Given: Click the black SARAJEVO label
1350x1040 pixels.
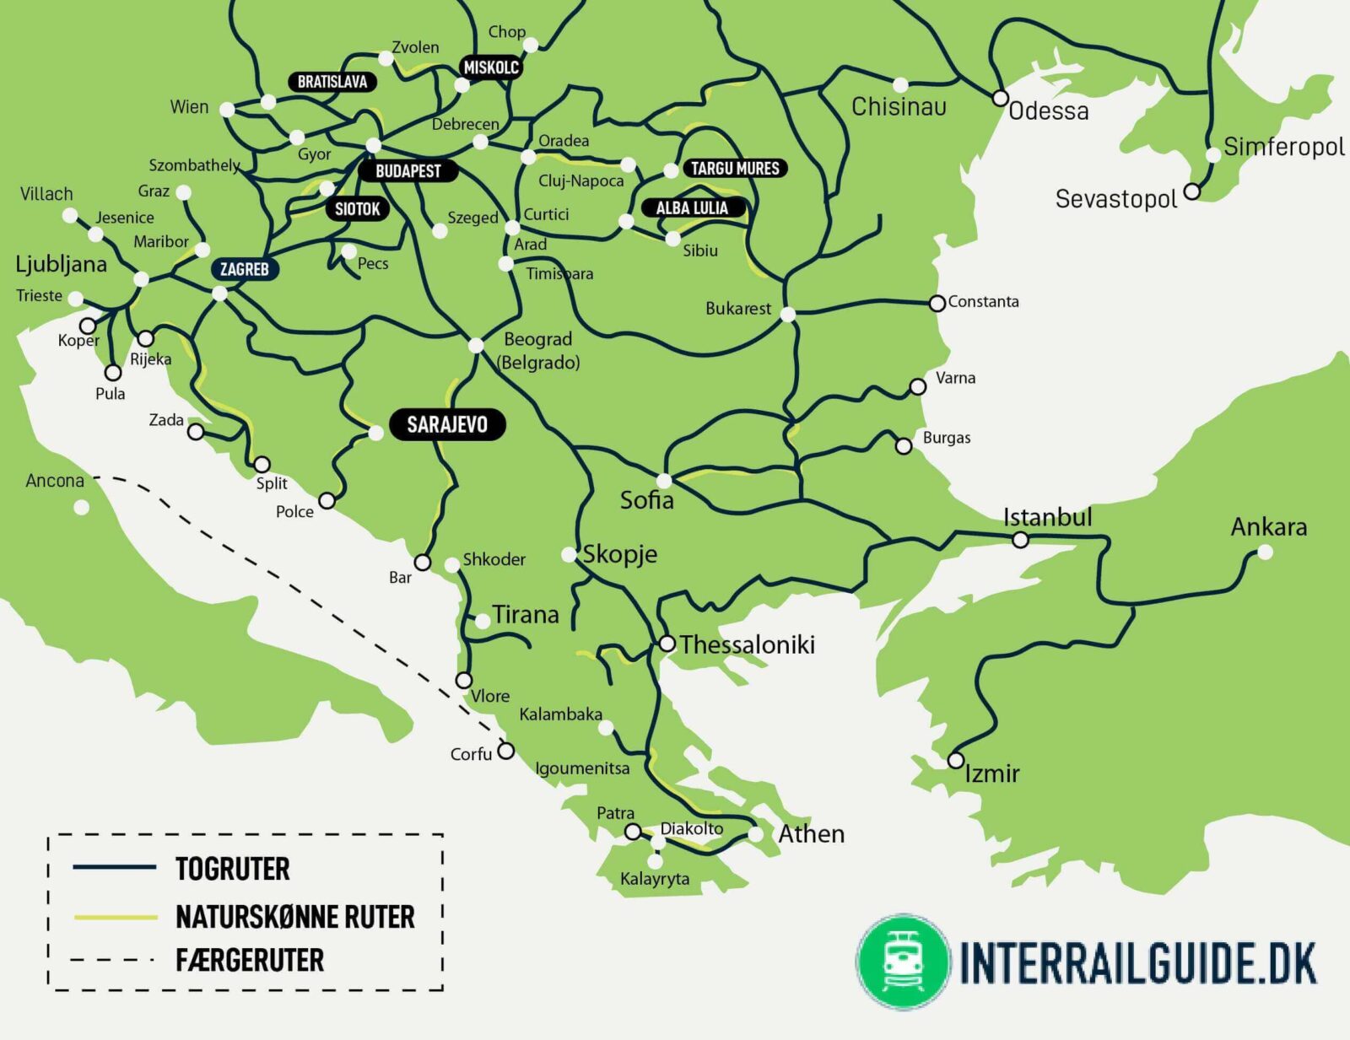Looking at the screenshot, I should tap(447, 424).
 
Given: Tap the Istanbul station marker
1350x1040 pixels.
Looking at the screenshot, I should tap(1020, 540).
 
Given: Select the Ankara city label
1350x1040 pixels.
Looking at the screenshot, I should tap(1268, 527).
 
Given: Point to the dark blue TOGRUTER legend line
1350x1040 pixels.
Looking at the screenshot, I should tap(115, 867).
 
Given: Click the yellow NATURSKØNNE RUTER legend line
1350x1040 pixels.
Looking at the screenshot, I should tap(115, 917).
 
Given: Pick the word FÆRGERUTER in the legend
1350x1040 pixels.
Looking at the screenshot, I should tap(250, 960).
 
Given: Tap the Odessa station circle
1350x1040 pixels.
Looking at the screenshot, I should tap(1000, 98).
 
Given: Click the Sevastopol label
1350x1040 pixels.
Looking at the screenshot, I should tap(1115, 199).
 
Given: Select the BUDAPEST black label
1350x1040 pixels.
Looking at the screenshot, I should tap(408, 171).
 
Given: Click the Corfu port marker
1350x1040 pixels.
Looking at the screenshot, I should tap(505, 751).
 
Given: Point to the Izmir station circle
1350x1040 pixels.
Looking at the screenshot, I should tap(955, 760).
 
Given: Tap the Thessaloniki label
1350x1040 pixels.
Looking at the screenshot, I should tap(747, 644).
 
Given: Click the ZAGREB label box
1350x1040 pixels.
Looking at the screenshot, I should tap(244, 270).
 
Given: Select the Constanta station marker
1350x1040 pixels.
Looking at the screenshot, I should tap(937, 303).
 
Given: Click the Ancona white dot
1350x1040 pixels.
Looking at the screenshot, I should tap(82, 507).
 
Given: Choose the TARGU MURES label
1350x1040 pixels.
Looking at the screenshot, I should tap(735, 169).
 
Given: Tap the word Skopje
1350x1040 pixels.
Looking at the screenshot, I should tap(619, 554).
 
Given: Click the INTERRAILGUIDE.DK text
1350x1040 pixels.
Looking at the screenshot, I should tap(1137, 962).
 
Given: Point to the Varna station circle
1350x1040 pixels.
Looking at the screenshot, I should tap(918, 387).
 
